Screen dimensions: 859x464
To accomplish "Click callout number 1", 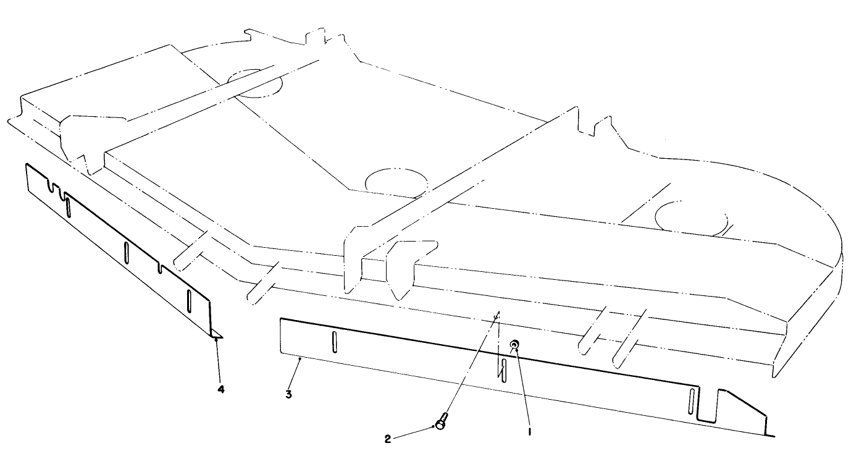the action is click(x=530, y=431).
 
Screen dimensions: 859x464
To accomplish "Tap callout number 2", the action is click(x=388, y=439).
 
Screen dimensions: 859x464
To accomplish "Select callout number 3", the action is click(x=288, y=394).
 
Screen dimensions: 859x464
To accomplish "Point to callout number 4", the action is click(x=220, y=389).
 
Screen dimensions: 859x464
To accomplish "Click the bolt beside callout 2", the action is click(x=442, y=420).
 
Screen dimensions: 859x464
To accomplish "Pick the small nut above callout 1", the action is click(x=515, y=344).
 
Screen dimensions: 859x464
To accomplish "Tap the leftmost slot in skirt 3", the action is click(x=335, y=341).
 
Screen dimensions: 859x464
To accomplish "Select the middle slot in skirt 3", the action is click(x=504, y=370).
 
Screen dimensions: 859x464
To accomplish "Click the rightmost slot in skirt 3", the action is click(x=692, y=401).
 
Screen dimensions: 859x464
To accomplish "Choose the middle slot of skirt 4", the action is click(x=126, y=253).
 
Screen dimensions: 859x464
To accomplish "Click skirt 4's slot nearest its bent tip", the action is click(x=189, y=301).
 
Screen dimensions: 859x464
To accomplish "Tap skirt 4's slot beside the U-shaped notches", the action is click(x=68, y=207).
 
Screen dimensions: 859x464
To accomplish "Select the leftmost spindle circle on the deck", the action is click(x=254, y=83).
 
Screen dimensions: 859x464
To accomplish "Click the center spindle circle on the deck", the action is click(x=396, y=183).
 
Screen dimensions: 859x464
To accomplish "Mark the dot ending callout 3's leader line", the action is click(x=300, y=359).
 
